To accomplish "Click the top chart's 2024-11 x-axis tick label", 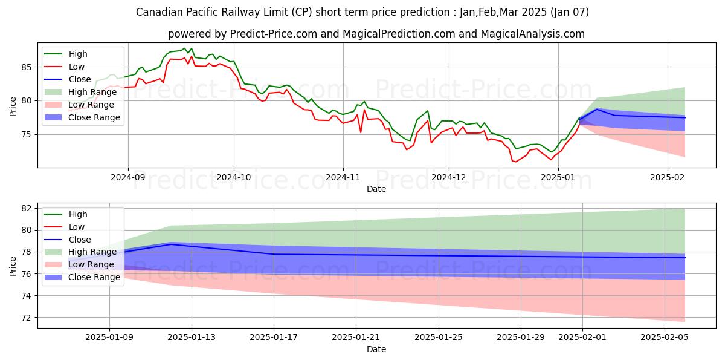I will [x=343, y=178].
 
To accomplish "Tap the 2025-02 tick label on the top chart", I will [x=668, y=178].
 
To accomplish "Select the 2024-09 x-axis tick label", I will [x=127, y=178].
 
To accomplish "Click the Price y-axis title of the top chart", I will [x=13, y=105].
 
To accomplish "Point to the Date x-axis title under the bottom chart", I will [x=376, y=349].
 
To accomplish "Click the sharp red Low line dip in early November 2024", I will [x=361, y=132].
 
